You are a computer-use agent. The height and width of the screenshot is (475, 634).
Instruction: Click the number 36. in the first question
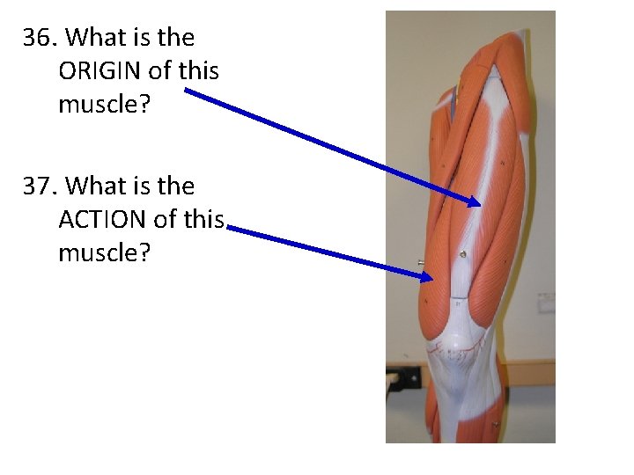click(41, 39)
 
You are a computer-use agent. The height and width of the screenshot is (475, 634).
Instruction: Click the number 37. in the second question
click(41, 187)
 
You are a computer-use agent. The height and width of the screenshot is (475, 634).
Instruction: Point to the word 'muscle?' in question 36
click(104, 105)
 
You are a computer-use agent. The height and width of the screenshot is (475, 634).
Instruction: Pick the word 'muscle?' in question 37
click(104, 253)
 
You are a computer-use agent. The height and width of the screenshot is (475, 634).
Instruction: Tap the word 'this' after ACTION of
click(206, 220)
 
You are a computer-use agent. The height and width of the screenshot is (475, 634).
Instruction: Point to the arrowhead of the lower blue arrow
click(427, 276)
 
